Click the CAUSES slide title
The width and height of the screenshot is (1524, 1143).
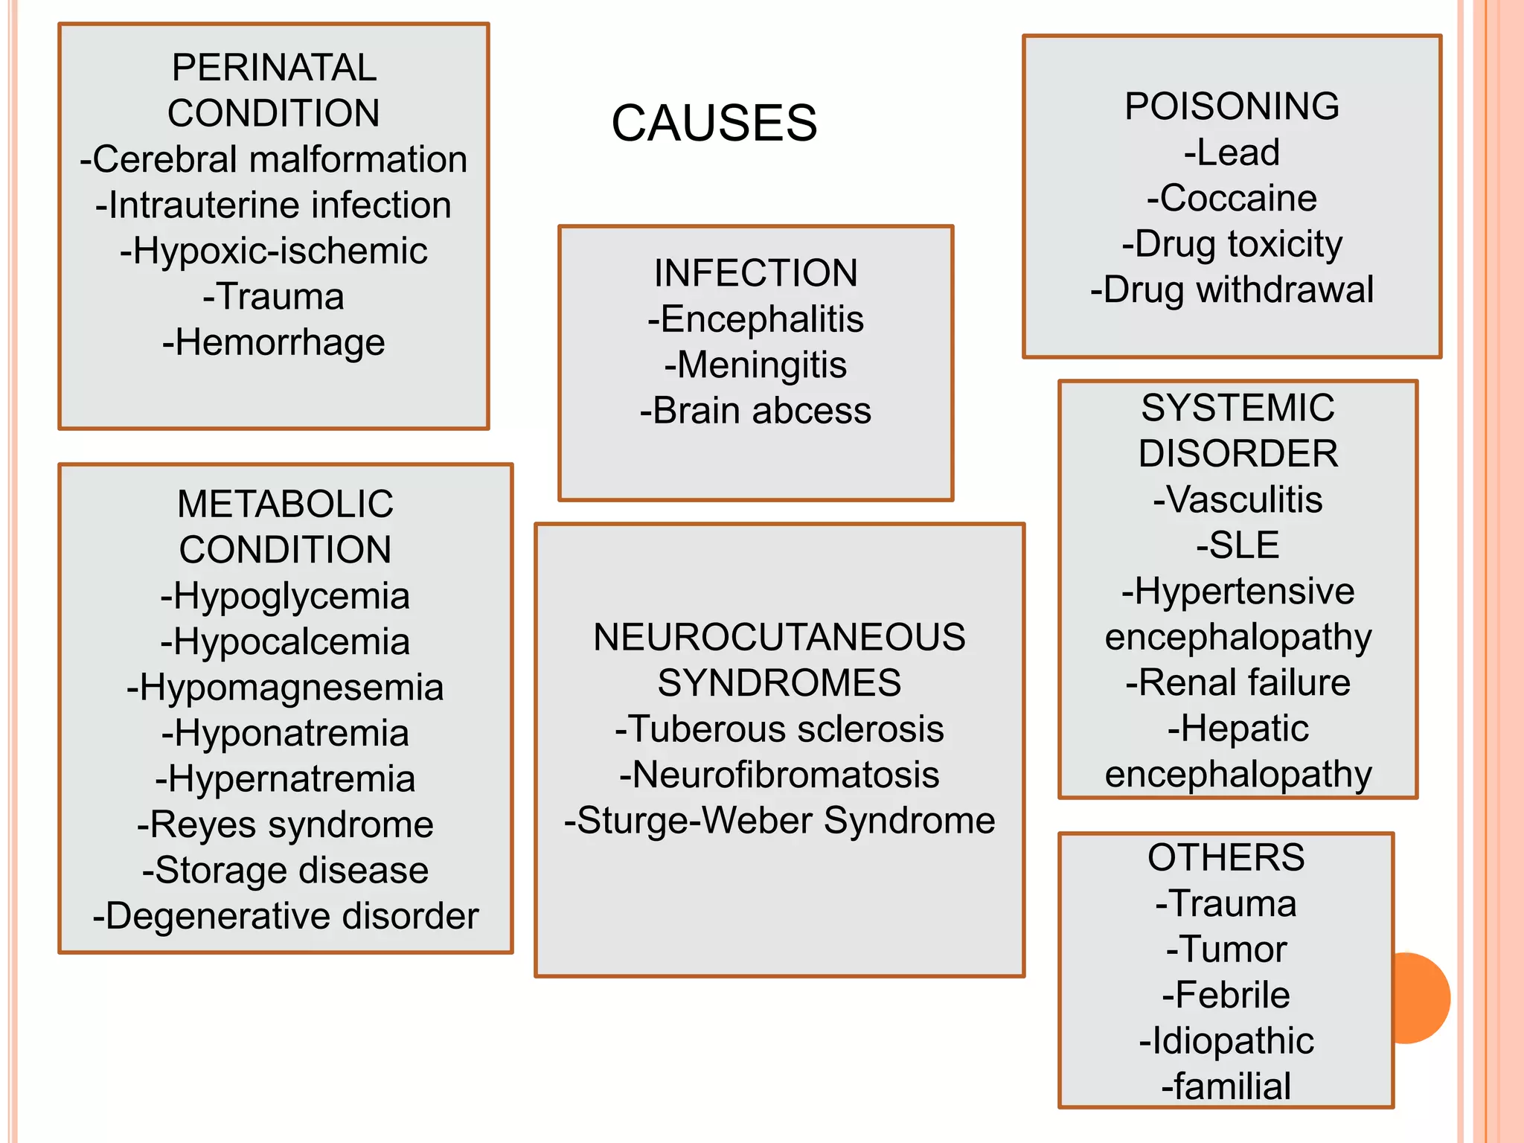click(x=714, y=123)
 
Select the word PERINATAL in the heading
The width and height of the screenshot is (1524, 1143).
click(x=274, y=68)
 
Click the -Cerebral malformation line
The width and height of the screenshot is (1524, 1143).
click(x=274, y=159)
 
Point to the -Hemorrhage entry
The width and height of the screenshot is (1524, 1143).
click(x=274, y=342)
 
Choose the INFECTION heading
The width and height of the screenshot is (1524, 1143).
click(x=755, y=273)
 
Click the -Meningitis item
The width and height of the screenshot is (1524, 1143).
click(x=755, y=365)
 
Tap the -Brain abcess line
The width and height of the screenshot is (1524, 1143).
click(x=755, y=411)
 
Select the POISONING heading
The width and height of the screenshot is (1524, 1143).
click(x=1232, y=106)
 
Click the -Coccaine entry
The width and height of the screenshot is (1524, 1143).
click(x=1232, y=198)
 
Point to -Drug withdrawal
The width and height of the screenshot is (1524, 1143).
click(x=1232, y=289)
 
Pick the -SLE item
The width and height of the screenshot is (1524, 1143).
click(x=1238, y=545)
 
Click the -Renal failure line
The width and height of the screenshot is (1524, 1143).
click(x=1238, y=682)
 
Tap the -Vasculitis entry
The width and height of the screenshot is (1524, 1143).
click(x=1238, y=499)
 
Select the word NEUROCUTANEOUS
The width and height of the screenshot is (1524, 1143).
click(x=779, y=638)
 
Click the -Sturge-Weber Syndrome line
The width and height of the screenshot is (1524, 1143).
click(x=779, y=821)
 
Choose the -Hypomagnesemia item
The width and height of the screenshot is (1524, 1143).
click(x=285, y=688)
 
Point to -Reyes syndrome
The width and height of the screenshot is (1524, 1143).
click(x=285, y=825)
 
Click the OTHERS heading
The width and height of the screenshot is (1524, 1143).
click(x=1226, y=857)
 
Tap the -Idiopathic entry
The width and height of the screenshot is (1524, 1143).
click(x=1226, y=1040)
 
